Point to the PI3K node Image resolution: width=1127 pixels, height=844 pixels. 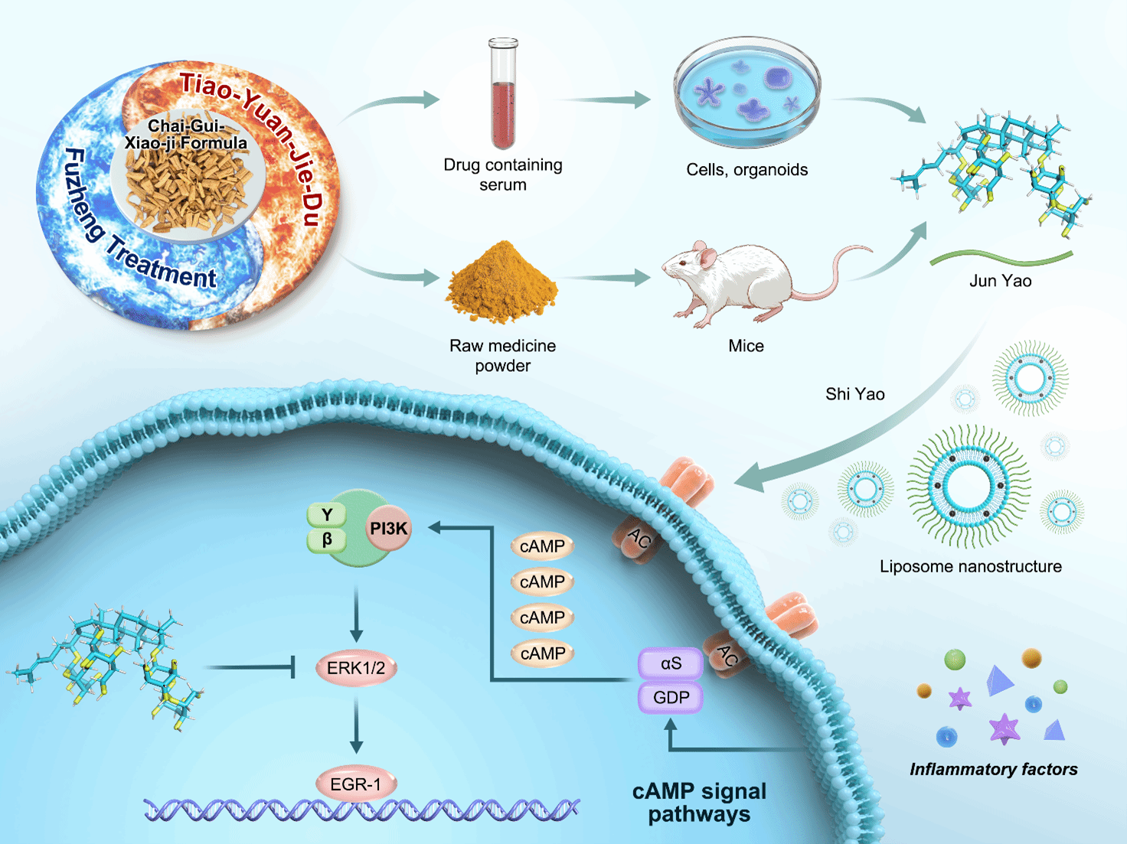(389, 528)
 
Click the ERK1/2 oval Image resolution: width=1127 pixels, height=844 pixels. (356, 668)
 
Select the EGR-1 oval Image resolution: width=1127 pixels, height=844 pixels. (355, 784)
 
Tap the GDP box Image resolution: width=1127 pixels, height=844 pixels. (671, 698)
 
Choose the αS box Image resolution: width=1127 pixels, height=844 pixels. (671, 663)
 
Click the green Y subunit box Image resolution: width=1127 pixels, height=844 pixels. (327, 515)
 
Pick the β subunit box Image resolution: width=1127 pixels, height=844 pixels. (327, 539)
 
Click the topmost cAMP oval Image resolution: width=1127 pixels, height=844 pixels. (542, 546)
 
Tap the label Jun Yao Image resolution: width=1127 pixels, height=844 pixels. (1000, 281)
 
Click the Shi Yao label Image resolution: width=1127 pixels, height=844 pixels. (854, 394)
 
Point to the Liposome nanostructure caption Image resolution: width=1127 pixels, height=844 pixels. (970, 566)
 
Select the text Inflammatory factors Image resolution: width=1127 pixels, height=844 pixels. (993, 769)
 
